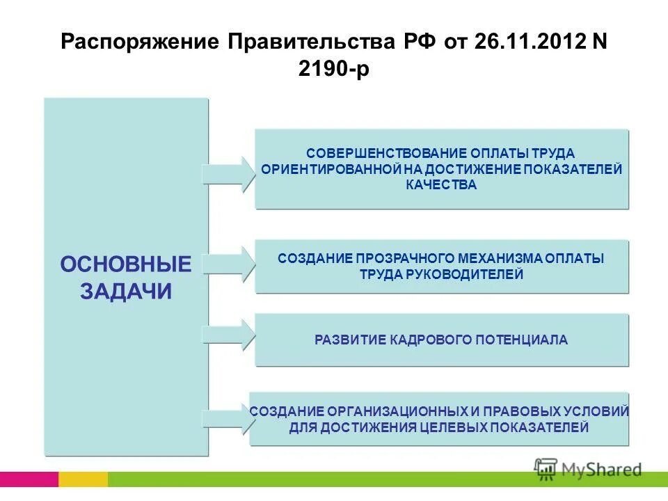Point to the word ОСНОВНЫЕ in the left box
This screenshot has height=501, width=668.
coord(126,264)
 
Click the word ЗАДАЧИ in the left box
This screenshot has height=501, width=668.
coord(126,291)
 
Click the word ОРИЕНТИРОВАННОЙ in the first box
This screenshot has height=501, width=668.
coord(331,169)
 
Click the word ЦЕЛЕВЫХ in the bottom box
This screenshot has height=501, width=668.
coord(454,427)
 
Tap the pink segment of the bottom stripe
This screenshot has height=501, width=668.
coord(29,479)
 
